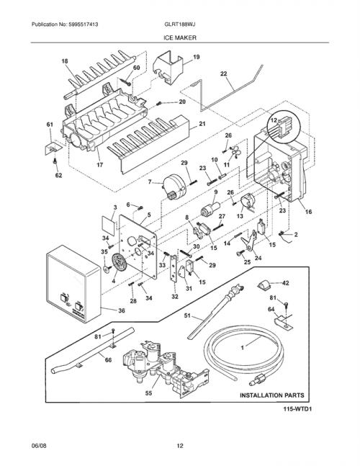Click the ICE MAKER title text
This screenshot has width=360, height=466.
(180, 37)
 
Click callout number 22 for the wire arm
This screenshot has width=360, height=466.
(223, 73)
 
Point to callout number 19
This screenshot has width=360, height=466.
(197, 57)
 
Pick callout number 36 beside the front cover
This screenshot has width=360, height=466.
(122, 310)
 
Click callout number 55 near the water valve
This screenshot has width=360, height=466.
(148, 393)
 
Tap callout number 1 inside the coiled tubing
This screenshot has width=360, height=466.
(243, 347)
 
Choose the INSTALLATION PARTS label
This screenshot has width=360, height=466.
(272, 395)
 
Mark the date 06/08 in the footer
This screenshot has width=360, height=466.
(39, 446)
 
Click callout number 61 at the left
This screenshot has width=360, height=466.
(50, 124)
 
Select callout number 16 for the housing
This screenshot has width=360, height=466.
(308, 212)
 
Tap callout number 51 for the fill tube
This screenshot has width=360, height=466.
(187, 315)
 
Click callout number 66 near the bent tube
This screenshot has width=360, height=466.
(108, 360)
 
